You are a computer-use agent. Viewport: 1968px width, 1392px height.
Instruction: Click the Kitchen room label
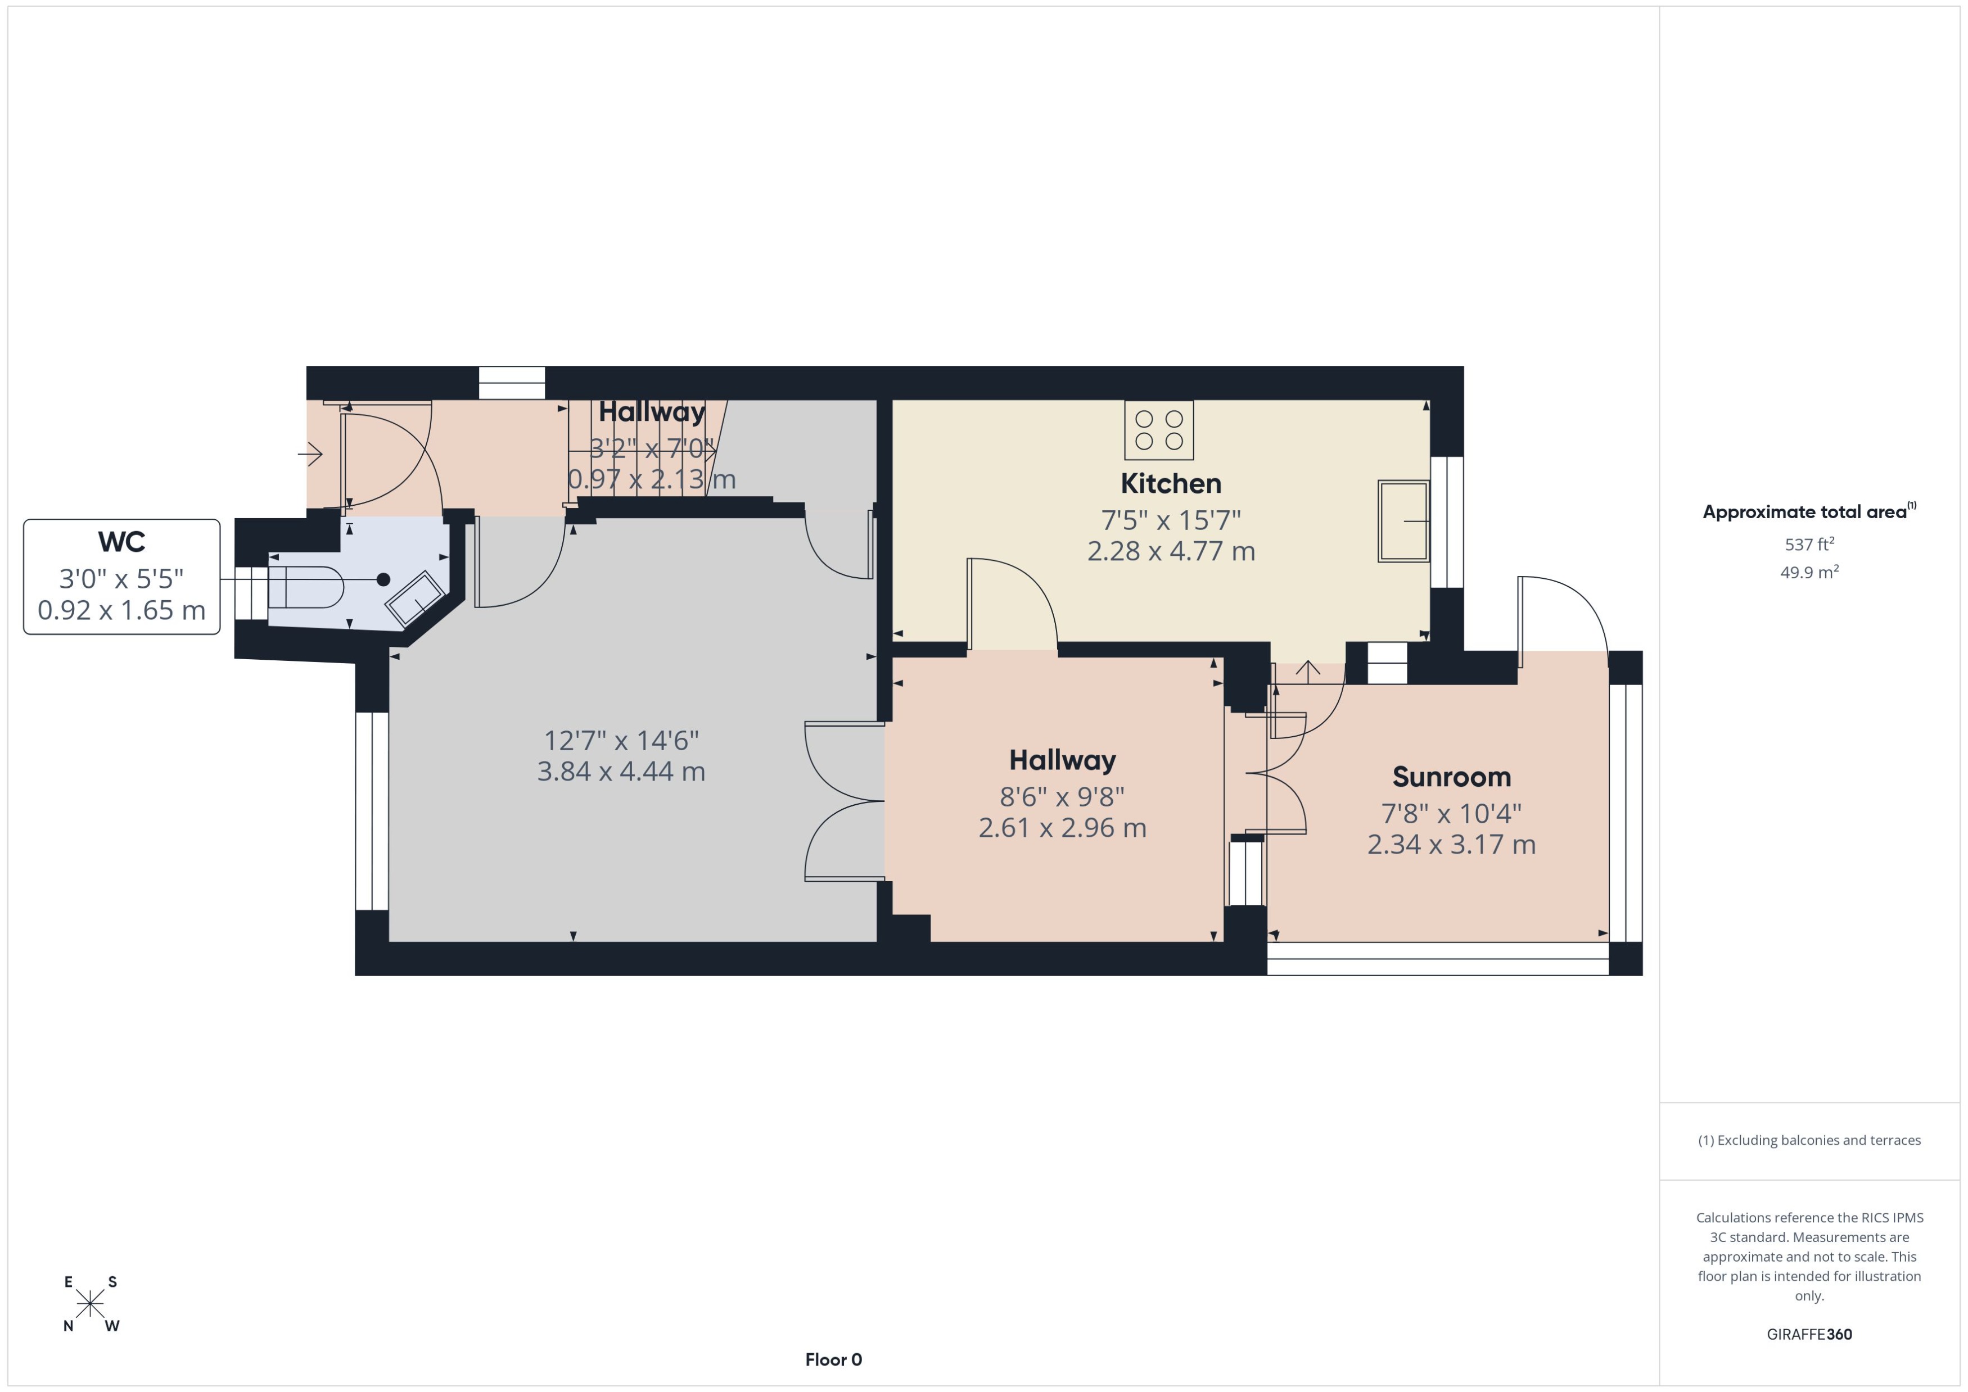point(1171,483)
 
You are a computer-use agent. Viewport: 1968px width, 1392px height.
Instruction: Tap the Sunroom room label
point(1451,777)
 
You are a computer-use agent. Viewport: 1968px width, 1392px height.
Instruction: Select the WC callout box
point(122,576)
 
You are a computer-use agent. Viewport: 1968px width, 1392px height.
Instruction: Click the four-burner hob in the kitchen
point(1158,429)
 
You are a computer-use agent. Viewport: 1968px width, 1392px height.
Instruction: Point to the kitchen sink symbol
point(1403,521)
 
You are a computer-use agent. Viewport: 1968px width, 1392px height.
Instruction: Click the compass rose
point(90,1304)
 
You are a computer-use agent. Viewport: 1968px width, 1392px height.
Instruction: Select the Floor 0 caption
point(833,1359)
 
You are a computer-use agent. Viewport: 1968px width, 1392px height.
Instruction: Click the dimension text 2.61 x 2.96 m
point(1062,828)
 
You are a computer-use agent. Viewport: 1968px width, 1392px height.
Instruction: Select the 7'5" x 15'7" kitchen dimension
point(1171,519)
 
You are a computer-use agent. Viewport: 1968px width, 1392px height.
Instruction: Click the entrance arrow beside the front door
point(310,454)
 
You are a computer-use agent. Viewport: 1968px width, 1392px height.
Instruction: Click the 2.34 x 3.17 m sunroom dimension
point(1451,844)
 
